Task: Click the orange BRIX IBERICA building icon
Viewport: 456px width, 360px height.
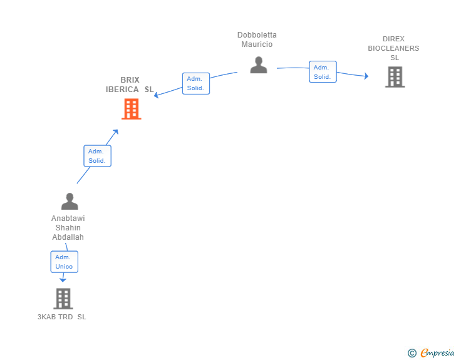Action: [132, 109]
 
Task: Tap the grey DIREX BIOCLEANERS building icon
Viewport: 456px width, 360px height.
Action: [395, 77]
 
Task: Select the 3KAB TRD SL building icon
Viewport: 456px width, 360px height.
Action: [63, 299]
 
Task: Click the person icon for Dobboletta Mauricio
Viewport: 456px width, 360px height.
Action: [259, 65]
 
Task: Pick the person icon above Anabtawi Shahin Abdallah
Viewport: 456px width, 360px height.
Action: [70, 201]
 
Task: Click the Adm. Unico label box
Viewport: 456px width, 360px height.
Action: [65, 262]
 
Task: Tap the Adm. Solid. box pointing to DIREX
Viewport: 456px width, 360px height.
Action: [323, 72]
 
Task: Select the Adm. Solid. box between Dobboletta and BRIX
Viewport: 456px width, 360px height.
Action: [196, 83]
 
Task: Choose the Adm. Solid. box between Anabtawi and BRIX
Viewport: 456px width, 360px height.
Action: [98, 156]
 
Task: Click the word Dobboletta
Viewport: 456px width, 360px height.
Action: [257, 35]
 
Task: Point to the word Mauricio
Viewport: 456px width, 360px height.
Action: [257, 44]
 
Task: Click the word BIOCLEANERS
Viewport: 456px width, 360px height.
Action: [393, 48]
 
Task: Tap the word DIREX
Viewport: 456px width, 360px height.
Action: [393, 39]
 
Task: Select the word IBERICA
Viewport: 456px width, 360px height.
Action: [122, 90]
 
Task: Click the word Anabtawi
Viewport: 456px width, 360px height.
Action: [68, 219]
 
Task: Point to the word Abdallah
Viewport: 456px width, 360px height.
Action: [68, 237]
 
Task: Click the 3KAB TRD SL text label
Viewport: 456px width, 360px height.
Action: [61, 317]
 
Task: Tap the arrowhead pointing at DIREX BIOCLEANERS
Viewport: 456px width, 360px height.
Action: [366, 76]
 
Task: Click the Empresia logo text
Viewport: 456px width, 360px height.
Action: [437, 352]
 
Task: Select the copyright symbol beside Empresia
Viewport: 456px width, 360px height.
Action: [412, 353]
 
